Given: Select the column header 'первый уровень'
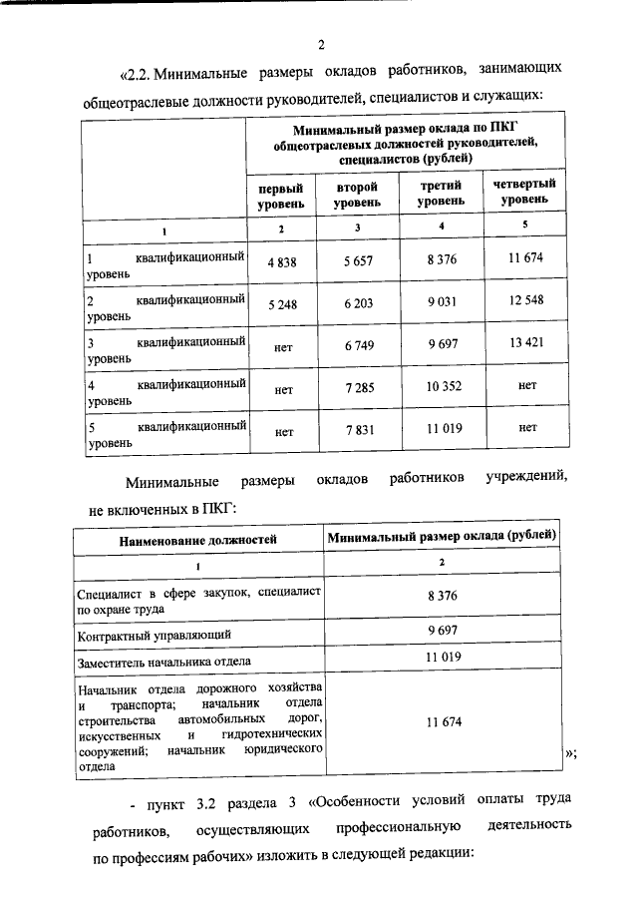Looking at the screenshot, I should (x=280, y=195).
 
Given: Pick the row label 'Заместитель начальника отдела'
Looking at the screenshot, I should (x=164, y=660).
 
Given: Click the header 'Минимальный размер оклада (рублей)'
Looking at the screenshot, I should (x=442, y=537).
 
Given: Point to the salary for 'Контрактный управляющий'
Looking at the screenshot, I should (x=442, y=632).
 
